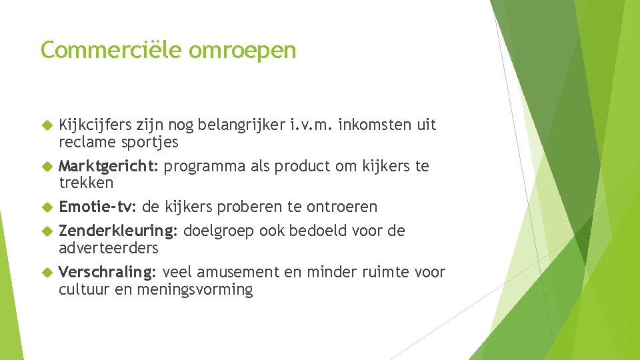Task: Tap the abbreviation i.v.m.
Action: (x=313, y=125)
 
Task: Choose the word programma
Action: (x=205, y=166)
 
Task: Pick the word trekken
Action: (x=86, y=183)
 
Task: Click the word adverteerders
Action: (x=109, y=248)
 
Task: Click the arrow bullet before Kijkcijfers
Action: (x=46, y=125)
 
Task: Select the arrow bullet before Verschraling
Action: (x=46, y=272)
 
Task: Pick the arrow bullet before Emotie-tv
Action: (x=46, y=207)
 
